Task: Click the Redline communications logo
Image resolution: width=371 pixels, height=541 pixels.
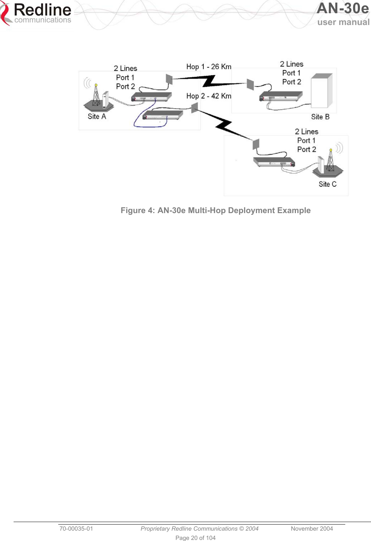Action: [37, 14]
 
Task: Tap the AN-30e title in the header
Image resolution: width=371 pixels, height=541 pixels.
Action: [342, 9]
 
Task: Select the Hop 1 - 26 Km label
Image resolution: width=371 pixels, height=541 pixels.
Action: [209, 67]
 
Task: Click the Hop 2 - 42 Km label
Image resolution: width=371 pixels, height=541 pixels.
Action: [209, 96]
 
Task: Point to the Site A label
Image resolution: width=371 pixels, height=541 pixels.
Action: [97, 117]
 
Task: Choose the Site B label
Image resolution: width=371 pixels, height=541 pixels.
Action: [320, 117]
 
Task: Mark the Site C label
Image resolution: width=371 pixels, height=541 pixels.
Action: [328, 184]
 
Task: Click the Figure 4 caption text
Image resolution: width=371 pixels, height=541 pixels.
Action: [216, 210]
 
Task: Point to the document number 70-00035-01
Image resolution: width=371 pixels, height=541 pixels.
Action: [76, 528]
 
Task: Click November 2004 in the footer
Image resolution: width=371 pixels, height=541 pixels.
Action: [312, 528]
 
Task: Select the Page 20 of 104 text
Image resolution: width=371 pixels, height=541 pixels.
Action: [196, 538]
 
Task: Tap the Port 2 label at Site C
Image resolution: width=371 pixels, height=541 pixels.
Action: [307, 149]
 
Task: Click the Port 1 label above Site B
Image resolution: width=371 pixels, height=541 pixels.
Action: [291, 73]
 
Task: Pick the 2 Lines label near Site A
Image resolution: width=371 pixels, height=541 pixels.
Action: [125, 68]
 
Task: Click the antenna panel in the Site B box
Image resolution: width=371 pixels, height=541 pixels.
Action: [250, 85]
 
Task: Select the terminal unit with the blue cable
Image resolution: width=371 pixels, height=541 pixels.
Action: [163, 115]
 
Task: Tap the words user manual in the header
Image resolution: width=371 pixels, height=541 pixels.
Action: [343, 22]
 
